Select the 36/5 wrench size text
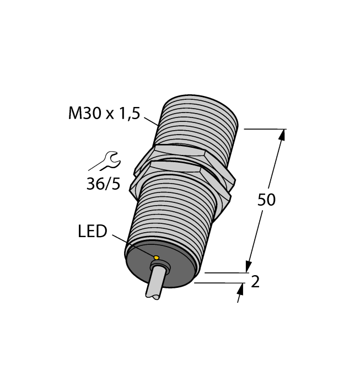tap(103, 184)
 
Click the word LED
tap(92, 232)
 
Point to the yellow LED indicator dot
tap(157, 258)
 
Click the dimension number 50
tap(266, 200)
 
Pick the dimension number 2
tap(255, 282)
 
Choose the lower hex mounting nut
tap(182, 176)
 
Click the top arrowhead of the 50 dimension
tap(283, 135)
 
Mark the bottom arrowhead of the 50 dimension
tap(249, 267)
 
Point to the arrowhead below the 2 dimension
tap(240, 289)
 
